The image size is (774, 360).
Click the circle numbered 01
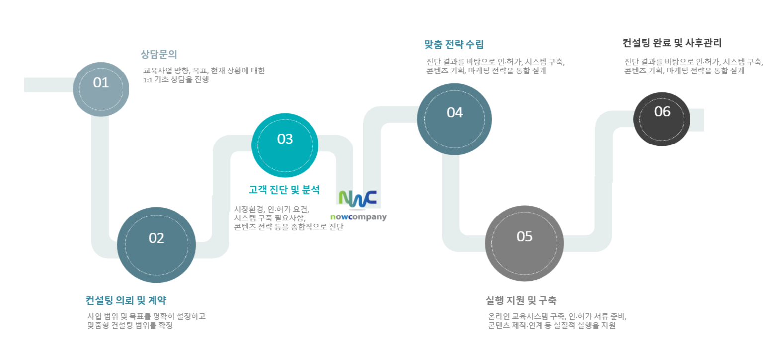[101, 89]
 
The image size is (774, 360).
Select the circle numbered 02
[156, 245]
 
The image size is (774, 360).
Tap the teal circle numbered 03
[285, 145]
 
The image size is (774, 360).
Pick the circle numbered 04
[455, 119]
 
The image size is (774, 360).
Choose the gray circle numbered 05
[524, 243]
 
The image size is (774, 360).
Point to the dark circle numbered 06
[662, 119]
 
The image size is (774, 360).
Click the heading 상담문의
[158, 54]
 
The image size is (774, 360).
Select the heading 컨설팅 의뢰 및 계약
[126, 300]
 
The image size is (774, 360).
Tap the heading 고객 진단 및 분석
[284, 190]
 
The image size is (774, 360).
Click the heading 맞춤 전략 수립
[454, 44]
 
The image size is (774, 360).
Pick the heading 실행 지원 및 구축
[522, 300]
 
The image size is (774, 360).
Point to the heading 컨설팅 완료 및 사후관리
[672, 43]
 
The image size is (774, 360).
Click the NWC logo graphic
[358, 199]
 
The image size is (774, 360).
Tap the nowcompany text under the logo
[358, 217]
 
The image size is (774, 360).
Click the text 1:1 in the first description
[148, 80]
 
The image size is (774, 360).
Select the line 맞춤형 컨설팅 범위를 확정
[130, 325]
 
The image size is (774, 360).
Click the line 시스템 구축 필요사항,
[270, 218]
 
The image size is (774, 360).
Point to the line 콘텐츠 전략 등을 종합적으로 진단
[289, 227]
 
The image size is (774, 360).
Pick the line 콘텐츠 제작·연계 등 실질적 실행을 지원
[551, 325]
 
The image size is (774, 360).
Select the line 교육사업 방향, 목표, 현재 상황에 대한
[204, 71]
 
